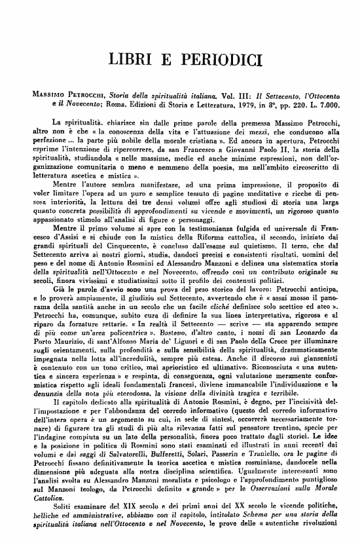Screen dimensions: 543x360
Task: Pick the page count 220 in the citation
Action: click(293, 103)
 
